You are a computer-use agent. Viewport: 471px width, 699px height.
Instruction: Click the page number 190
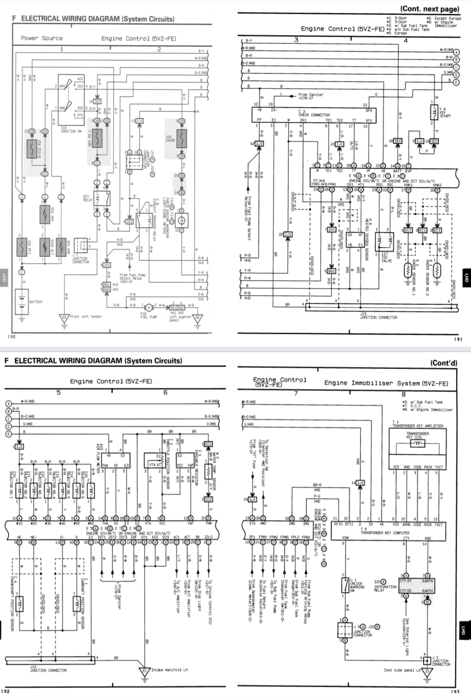(11, 337)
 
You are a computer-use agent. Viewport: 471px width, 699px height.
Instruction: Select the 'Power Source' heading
(41, 38)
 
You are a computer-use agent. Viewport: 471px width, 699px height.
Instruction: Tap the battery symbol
(22, 302)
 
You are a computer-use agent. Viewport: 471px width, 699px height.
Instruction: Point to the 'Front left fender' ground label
(86, 317)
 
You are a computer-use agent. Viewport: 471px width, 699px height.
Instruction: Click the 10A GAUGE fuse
(182, 138)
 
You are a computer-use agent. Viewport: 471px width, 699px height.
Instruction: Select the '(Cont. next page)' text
(429, 9)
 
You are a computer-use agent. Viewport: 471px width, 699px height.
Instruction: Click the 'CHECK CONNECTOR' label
(314, 115)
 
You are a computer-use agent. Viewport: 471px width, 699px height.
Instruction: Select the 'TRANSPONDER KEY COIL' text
(417, 435)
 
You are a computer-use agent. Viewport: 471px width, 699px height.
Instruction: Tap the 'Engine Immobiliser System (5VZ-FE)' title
(386, 383)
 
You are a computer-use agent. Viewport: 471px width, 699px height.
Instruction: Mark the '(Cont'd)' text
(444, 363)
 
